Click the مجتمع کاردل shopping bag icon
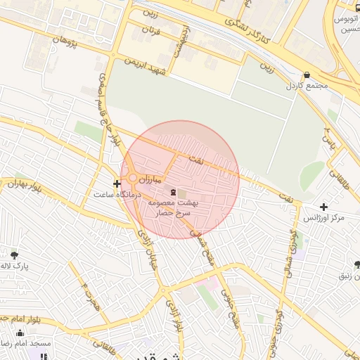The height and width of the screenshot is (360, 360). point(307,75)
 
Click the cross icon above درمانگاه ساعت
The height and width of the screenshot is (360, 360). point(117,184)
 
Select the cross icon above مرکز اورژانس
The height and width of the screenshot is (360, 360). point(323,207)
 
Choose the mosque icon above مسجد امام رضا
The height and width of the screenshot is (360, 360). point(20,333)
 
